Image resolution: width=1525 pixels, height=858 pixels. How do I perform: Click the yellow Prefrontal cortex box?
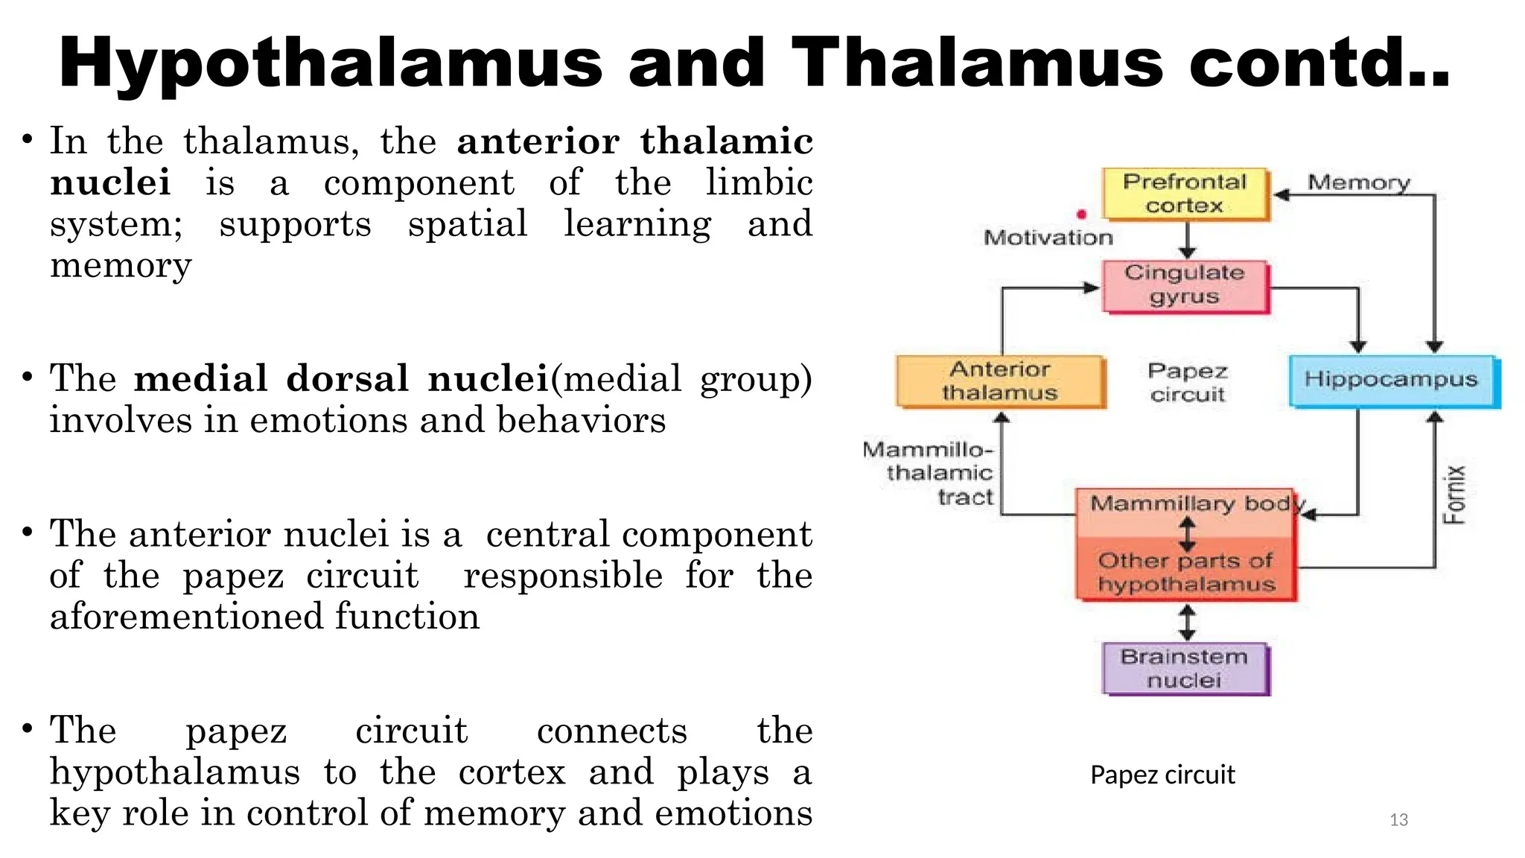coord(1185,194)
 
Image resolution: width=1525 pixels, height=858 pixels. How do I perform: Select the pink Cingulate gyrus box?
coord(1185,285)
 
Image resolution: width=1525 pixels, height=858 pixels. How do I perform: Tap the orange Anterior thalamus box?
coord(1000,381)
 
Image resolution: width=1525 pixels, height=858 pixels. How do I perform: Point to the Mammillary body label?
coord(1191,504)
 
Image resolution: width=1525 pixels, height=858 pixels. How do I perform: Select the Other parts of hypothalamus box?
coord(1185,571)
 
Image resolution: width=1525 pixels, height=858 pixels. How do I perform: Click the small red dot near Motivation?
coord(1081,214)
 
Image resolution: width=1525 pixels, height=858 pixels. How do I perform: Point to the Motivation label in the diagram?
coord(1048,238)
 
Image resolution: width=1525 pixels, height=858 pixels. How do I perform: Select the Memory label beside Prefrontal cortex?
coord(1359,182)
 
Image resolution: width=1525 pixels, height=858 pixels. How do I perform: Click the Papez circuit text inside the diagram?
coord(1187,382)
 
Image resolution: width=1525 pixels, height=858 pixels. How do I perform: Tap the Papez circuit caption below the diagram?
coord(1162,775)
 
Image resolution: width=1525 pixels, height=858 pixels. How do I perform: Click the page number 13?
coord(1398,820)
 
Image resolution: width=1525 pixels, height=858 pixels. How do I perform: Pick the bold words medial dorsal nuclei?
coord(341,378)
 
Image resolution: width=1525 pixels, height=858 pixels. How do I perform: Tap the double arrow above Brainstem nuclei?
coord(1187,622)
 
